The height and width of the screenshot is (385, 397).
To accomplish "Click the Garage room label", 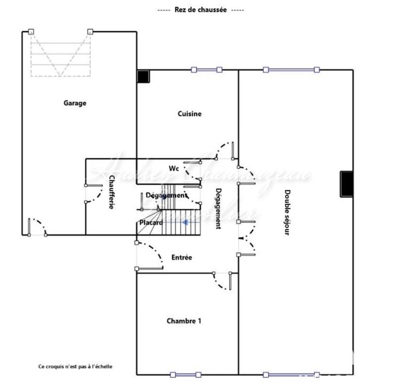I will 75,103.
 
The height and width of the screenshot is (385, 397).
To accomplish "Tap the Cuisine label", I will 190,114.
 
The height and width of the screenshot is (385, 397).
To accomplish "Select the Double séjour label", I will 287,212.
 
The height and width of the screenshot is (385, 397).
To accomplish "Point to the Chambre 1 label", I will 184,321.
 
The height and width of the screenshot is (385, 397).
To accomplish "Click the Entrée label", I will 182,258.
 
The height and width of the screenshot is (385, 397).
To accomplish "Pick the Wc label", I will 174,168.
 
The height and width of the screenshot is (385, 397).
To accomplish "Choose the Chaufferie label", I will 111,192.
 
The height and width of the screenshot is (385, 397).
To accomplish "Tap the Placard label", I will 150,223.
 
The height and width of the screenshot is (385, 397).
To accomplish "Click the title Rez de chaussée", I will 200,10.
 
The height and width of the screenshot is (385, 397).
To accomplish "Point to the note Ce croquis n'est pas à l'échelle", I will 75,367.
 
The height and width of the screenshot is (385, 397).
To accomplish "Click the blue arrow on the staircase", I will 185,223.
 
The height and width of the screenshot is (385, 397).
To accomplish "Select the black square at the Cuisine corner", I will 143,76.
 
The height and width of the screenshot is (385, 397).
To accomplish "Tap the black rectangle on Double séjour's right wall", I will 346,184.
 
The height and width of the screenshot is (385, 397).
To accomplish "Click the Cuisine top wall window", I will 207,70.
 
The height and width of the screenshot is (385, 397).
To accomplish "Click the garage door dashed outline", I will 61,54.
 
